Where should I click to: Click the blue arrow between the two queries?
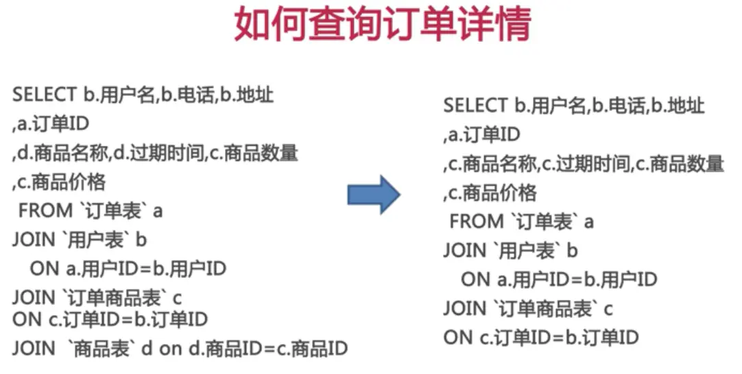pyautogui.click(x=373, y=194)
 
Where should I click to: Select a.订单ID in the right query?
pyautogui.click(x=483, y=135)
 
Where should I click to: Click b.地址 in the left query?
pyautogui.click(x=248, y=95)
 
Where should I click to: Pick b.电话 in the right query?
pyautogui.click(x=620, y=105)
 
